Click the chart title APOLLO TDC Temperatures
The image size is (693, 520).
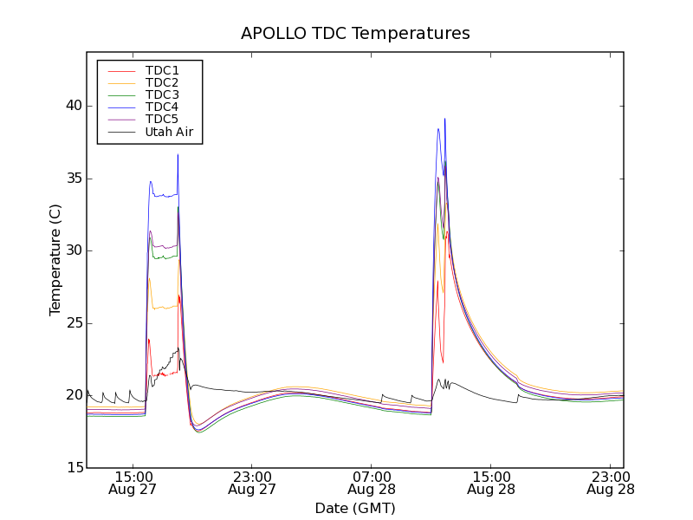355,34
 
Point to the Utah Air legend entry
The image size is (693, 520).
169,132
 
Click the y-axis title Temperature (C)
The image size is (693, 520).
55,260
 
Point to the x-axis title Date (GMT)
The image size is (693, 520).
355,508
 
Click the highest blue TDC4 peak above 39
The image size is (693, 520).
444,120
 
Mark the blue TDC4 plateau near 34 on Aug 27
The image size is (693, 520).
165,196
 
